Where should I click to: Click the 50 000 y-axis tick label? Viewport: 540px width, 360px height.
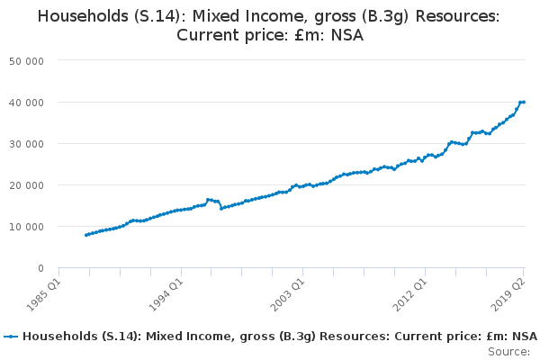[26, 61]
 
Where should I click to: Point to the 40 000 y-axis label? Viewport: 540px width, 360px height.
[26, 103]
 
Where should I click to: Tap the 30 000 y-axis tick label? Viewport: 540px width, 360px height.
[26, 144]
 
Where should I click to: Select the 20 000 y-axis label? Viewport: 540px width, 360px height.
[26, 185]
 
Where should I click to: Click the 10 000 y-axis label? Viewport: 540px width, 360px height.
[26, 227]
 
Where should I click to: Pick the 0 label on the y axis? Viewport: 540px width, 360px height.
[41, 268]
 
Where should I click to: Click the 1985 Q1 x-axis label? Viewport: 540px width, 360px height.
[44, 295]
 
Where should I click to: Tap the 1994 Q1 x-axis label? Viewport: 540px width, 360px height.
[166, 295]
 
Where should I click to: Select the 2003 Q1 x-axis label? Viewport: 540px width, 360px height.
[288, 295]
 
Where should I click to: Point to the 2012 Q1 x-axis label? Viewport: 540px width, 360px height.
[410, 295]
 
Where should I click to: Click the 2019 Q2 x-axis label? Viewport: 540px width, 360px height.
[508, 295]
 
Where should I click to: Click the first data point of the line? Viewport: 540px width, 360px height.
[86, 235]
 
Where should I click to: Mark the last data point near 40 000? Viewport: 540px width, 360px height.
[524, 102]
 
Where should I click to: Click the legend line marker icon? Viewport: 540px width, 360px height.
[11, 337]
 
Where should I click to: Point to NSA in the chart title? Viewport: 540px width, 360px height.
[347, 35]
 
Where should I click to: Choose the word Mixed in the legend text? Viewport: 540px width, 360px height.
[164, 337]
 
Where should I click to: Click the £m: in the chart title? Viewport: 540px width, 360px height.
[310, 35]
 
